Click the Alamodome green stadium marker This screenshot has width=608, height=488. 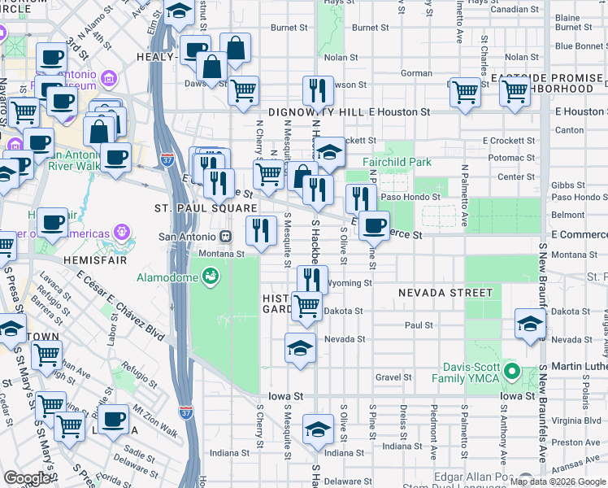tap(211, 277)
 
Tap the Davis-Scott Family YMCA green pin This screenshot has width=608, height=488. tap(511, 373)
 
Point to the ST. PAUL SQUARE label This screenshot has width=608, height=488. tap(200, 208)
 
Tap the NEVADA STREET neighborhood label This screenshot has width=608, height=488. tap(445, 293)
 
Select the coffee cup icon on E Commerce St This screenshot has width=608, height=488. tap(374, 225)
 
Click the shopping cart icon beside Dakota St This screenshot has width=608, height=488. tap(306, 306)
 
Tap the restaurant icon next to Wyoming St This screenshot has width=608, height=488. tap(313, 280)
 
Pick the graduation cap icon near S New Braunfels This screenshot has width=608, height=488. tap(530, 325)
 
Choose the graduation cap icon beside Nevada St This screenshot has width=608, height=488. tap(300, 347)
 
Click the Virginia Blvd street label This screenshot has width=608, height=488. tap(575, 421)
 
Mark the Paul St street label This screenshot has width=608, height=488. tap(419, 325)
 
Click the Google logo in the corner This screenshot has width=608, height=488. tap(27, 478)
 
